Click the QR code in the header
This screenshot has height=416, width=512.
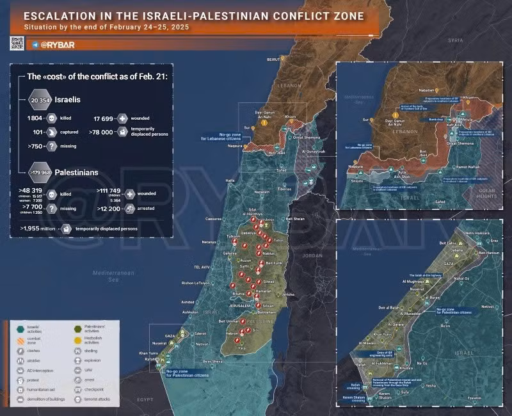(x=17, y=43)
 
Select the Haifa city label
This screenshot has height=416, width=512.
(x=230, y=180)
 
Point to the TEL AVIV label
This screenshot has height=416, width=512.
(x=202, y=266)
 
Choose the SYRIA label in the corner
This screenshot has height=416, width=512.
(x=455, y=40)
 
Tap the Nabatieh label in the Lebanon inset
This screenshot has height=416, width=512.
(x=426, y=90)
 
